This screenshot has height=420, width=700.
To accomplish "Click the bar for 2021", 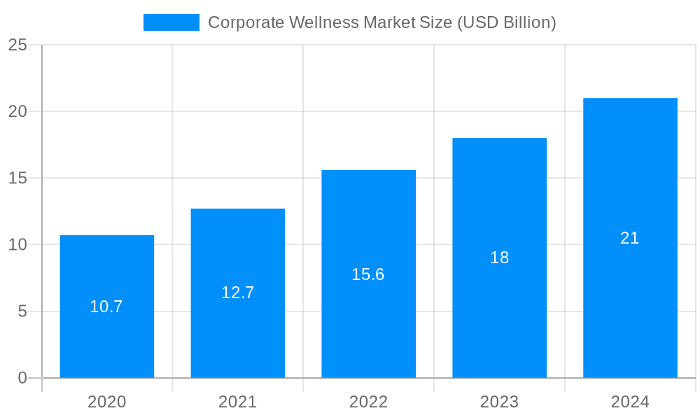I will coord(237,329).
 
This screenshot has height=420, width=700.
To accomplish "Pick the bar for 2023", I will coord(499,308).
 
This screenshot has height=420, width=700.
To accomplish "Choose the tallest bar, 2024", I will coord(630,294).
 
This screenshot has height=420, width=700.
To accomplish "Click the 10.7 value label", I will coord(106,307).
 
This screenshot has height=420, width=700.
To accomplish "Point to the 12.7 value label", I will coord(237,293).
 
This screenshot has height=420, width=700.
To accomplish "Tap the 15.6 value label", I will coord(368,274).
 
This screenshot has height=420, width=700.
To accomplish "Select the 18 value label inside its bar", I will coord(499,258).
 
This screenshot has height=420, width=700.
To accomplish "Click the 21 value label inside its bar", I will coord(630,238).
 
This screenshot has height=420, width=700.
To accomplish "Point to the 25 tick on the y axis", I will coord(17,45).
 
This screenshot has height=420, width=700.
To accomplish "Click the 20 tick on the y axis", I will coord(17,111).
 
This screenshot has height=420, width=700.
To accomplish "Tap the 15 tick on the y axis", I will coord(17,178).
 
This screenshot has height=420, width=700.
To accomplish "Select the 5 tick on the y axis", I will coord(22,311).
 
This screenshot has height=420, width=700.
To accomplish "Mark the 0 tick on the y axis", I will coord(22,378).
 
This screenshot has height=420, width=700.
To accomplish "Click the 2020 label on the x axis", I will coord(106,402).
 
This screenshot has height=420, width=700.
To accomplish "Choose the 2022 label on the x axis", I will coord(368,402).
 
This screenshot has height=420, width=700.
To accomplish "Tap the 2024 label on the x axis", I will coord(630,402).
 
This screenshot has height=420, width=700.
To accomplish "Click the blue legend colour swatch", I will coord(171,22).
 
